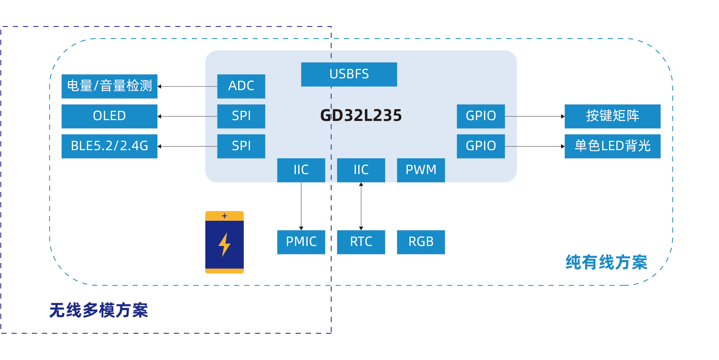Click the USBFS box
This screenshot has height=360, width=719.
[349, 74]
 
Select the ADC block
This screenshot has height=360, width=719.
[241, 86]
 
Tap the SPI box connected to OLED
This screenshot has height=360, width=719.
[241, 116]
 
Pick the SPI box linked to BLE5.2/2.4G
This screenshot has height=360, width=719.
[241, 146]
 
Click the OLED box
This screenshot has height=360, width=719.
[109, 116]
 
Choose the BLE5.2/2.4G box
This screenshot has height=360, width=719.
[109, 146]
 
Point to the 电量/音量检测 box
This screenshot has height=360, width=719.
[109, 86]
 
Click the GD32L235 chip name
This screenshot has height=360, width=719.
[361, 116]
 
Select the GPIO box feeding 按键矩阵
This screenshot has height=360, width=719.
[480, 116]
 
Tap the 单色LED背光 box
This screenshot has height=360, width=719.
[612, 146]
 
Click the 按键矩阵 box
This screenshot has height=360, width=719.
[612, 116]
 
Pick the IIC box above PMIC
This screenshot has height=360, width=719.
[301, 170]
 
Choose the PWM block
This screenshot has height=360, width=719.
[421, 170]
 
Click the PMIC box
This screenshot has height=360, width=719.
[301, 242]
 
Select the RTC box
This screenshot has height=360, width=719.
[361, 242]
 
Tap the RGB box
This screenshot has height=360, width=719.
[421, 242]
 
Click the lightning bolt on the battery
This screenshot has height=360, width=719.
[224, 245]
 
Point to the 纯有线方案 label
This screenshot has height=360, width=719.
[606, 263]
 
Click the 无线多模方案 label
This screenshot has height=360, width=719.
[99, 310]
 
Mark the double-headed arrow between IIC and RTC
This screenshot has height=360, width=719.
[361, 206]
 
